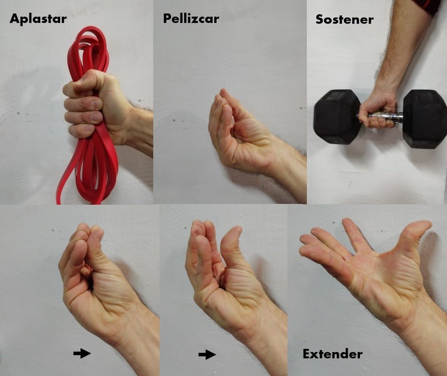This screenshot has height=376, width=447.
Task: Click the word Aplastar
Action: tap(38, 19)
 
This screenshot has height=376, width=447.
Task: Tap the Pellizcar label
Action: tap(191, 19)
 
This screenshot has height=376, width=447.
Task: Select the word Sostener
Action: tap(344, 19)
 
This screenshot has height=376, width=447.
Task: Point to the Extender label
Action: tap(332, 354)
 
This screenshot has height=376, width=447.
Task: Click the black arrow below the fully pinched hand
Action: tap(82, 354)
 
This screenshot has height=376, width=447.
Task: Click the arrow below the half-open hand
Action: tap(207, 355)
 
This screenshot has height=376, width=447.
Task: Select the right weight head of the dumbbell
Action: tap(425, 119)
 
